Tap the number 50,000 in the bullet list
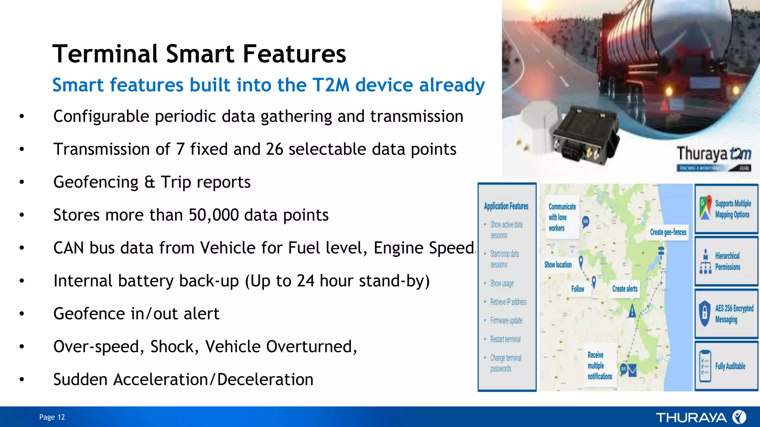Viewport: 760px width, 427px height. (x=213, y=215)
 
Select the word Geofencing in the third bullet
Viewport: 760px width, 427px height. (x=96, y=182)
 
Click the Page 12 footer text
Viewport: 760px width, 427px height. (x=52, y=417)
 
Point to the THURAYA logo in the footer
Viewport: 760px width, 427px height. (x=701, y=417)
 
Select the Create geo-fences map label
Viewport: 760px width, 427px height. (x=668, y=232)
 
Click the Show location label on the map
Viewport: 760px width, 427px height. (x=558, y=265)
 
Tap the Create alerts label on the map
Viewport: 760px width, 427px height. (x=625, y=289)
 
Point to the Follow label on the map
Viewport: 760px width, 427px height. (x=577, y=289)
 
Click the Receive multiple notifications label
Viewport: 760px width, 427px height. (x=599, y=365)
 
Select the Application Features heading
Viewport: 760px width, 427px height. (x=506, y=206)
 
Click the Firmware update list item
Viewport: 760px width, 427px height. (x=506, y=321)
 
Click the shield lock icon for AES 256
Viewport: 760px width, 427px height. (x=704, y=313)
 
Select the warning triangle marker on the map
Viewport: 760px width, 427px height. (x=632, y=311)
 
